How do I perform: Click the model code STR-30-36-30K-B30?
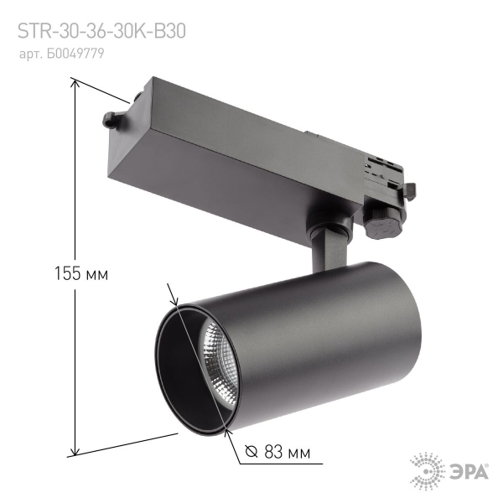coord(101,31)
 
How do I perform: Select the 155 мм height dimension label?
coord(82,273)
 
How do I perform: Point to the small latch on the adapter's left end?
coord(112,119)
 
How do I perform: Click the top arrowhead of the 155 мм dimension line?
coord(75,82)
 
